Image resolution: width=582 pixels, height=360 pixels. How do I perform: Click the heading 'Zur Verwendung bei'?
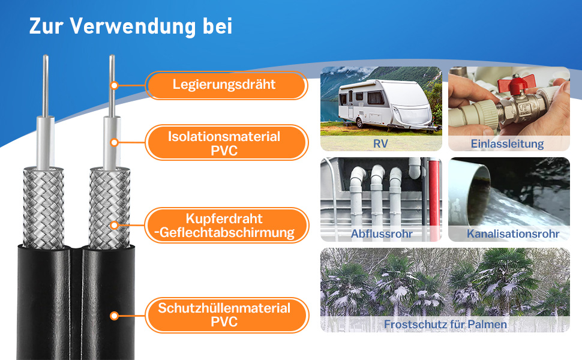(131, 26)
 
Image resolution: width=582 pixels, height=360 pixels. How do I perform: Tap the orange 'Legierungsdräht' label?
(224, 85)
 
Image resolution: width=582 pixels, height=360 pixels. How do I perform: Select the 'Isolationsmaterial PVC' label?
(224, 143)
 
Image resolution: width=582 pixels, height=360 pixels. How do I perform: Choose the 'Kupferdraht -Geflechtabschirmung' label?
(224, 226)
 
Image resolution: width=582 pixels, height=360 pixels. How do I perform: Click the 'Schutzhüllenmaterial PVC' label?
(224, 315)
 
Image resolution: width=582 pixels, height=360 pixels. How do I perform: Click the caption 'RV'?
(380, 143)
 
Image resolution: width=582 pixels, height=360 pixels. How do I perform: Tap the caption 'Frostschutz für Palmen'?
(445, 324)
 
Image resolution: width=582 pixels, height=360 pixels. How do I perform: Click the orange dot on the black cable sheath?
(112, 315)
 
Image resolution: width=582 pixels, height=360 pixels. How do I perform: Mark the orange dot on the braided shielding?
(112, 226)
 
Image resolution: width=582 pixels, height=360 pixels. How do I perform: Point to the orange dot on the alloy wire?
(112, 85)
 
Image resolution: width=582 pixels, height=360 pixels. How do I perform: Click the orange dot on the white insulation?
(112, 143)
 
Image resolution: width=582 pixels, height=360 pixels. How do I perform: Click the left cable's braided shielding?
(43, 207)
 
